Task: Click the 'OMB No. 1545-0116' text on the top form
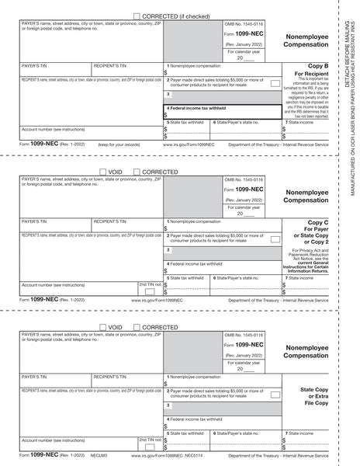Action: pyautogui.click(x=244, y=27)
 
